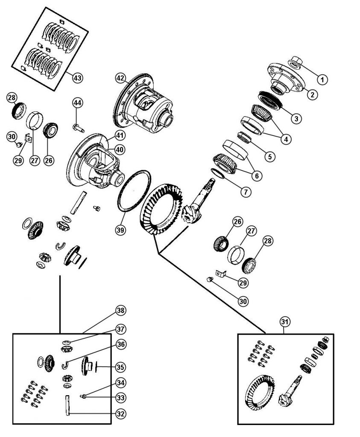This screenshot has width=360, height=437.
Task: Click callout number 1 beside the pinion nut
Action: pos(322,79)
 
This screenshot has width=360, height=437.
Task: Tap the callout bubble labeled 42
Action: pos(121,78)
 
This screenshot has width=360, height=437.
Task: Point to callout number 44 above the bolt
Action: pos(77,103)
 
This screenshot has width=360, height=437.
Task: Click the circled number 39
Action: pos(120,230)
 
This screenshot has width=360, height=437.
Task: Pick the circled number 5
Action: pos(269,157)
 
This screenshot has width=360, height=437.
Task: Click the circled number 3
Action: pos(294,118)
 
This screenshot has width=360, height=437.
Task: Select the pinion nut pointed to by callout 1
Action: pos(296,63)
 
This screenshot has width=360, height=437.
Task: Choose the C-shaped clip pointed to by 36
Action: pos(65,364)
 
